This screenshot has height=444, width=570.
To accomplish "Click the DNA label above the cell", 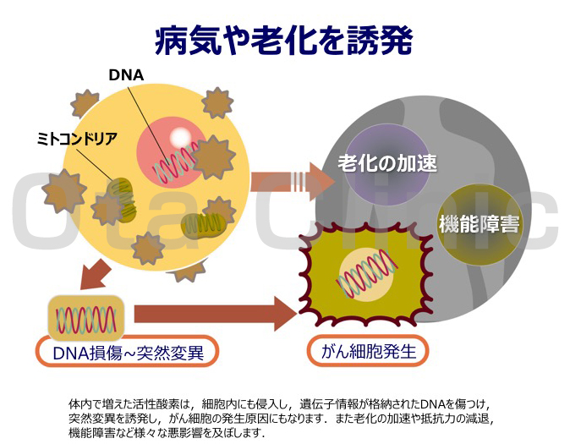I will [126, 75].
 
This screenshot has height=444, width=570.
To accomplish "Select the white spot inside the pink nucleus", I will [181, 138].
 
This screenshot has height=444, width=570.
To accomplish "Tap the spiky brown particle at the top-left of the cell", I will [85, 102].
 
